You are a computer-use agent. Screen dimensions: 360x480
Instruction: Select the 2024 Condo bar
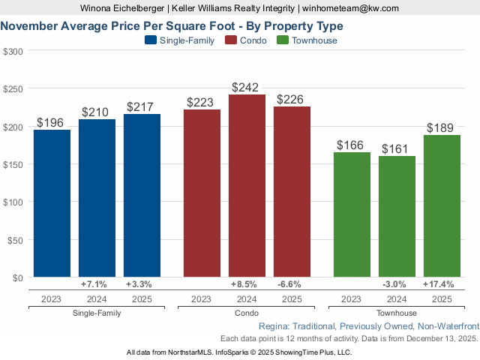247,185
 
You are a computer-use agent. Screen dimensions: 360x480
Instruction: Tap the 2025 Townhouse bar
442,205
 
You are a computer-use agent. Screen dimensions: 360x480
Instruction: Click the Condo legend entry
245,40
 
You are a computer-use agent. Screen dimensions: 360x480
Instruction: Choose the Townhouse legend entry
307,40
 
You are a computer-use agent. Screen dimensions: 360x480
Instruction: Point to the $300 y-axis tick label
13,51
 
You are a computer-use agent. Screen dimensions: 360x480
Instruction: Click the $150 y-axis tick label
13,164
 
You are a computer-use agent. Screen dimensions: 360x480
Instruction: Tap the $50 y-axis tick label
15,240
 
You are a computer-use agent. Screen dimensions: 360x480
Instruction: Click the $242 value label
247,88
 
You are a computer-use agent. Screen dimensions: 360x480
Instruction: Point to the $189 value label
442,127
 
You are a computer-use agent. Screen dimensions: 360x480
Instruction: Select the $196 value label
52,122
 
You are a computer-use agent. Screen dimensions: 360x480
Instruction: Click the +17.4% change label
442,285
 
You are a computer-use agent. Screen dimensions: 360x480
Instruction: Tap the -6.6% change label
292,285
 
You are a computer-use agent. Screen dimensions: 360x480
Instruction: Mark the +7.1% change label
97,285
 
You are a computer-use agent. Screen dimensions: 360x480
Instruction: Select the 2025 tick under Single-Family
142,299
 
